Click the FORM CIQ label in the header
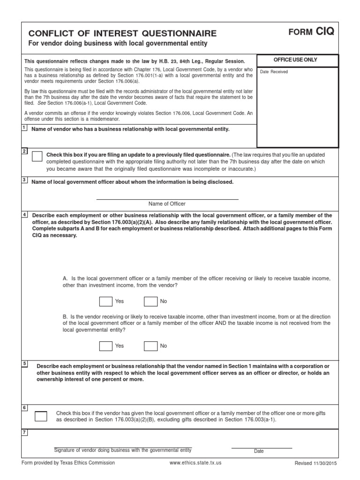pyautogui.click(x=311, y=32)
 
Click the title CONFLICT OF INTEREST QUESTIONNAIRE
pyautogui.click(x=123, y=33)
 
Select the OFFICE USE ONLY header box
pyautogui.click(x=298, y=60)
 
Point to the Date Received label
pyautogui.click(x=274, y=72)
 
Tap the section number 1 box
pyautogui.click(x=24, y=128)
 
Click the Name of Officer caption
pyautogui.click(x=167, y=204)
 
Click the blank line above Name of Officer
pyautogui.click(x=167, y=199)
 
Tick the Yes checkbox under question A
pyautogui.click(x=106, y=301)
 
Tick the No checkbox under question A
pyautogui.click(x=150, y=301)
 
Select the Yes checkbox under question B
pyautogui.click(x=106, y=346)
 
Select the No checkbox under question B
pyautogui.click(x=150, y=346)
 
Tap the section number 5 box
pyautogui.click(x=24, y=363)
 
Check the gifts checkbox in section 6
pyautogui.click(x=41, y=416)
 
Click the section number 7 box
pyautogui.click(x=24, y=432)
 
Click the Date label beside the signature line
pyautogui.click(x=259, y=451)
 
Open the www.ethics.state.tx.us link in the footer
pyautogui.click(x=195, y=463)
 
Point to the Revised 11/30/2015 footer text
pyautogui.click(x=315, y=463)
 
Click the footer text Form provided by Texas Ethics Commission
pyautogui.click(x=68, y=463)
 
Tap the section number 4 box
pyautogui.click(x=24, y=214)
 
